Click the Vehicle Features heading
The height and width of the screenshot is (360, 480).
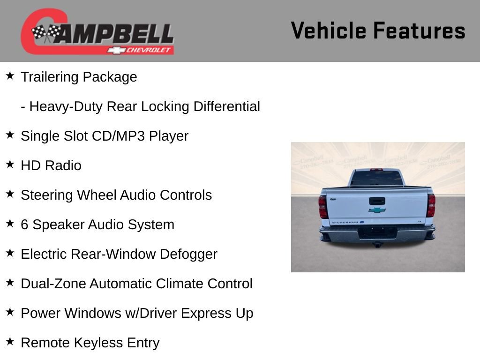click(x=378, y=31)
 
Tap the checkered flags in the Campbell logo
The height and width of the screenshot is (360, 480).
click(x=46, y=33)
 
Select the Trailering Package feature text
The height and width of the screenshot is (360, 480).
click(x=79, y=77)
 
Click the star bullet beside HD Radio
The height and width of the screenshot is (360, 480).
click(x=10, y=165)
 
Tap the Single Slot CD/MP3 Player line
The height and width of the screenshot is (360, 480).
click(x=104, y=136)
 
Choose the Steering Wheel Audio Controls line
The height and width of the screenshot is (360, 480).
click(x=116, y=195)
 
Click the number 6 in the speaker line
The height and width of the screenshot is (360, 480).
click(x=24, y=225)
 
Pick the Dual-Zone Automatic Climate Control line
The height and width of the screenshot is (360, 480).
click(x=136, y=284)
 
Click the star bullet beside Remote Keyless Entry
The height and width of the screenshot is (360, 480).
click(x=10, y=342)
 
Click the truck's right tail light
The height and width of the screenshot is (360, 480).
click(x=431, y=205)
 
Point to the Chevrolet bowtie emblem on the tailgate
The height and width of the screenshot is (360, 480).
click(x=377, y=210)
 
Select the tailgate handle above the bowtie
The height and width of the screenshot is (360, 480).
click(x=377, y=201)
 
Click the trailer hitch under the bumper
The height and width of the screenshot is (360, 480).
click(x=377, y=244)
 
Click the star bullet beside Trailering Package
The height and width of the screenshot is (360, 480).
click(x=10, y=76)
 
